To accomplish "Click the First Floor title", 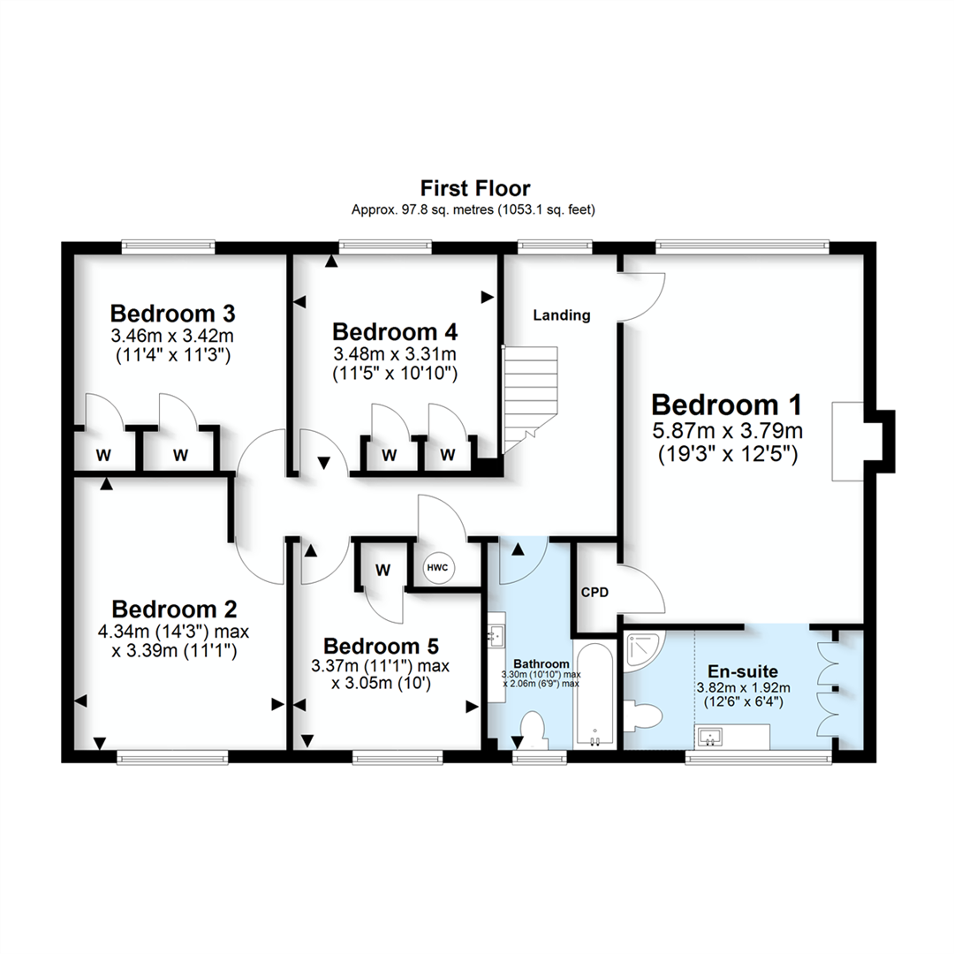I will click(x=475, y=188).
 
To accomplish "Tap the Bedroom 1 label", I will click(x=726, y=405).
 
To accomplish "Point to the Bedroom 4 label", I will click(x=395, y=332).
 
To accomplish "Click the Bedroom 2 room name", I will click(x=174, y=609).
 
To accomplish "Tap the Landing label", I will click(x=561, y=315).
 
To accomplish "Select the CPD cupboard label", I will click(x=594, y=593).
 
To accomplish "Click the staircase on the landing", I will click(x=531, y=397).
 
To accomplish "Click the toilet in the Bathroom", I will click(x=532, y=730).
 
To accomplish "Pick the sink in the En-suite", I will click(x=710, y=736).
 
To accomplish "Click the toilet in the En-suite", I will click(x=640, y=715).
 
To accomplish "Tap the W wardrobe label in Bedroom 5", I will click(x=382, y=570).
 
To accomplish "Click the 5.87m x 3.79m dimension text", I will click(x=728, y=432).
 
